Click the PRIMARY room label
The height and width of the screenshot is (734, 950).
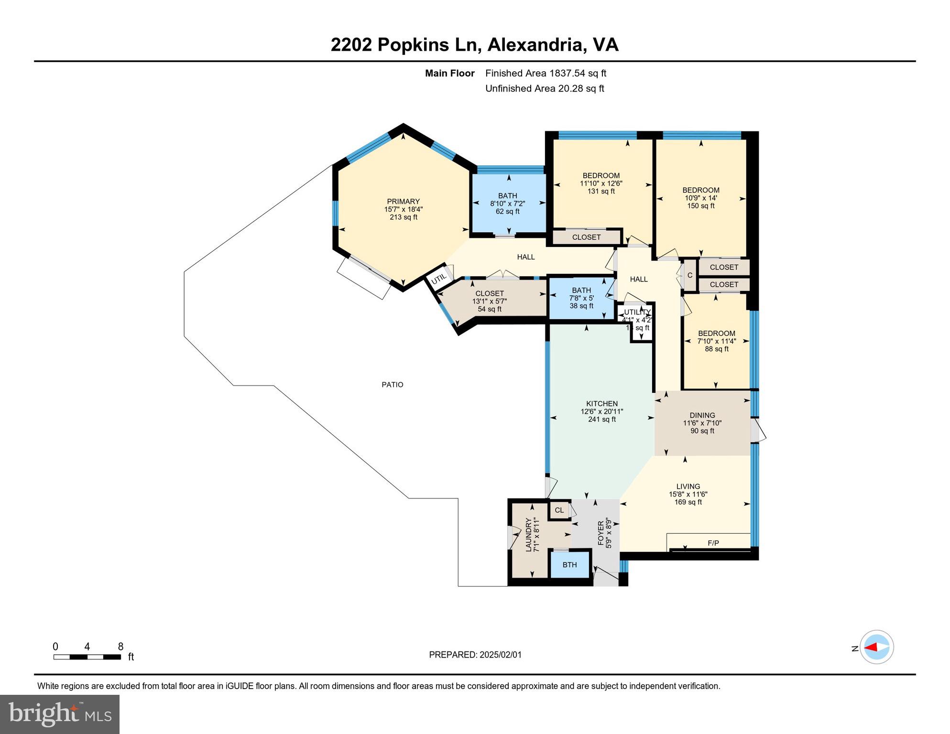click(x=403, y=202)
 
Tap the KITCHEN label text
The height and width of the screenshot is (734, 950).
click(x=602, y=404)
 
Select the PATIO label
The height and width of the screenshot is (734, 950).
click(x=392, y=385)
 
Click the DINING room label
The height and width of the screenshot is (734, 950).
click(x=702, y=415)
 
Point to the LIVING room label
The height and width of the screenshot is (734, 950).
click(x=688, y=486)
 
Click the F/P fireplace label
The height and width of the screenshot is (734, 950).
click(x=713, y=543)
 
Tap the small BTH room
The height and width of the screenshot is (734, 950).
click(x=569, y=565)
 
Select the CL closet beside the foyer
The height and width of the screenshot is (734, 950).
click(x=559, y=510)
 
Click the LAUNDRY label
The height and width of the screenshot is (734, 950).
click(x=529, y=535)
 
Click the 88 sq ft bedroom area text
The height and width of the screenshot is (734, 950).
click(x=716, y=349)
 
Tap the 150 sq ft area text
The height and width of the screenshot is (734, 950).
click(x=701, y=206)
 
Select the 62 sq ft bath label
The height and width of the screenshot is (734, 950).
click(x=507, y=211)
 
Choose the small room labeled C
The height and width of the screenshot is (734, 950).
click(x=689, y=276)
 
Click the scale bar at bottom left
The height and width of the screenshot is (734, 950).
click(x=87, y=657)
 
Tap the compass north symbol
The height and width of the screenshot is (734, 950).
click(x=876, y=648)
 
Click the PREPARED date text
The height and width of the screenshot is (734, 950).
click(x=475, y=655)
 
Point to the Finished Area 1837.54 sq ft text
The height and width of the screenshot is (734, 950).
click(x=546, y=73)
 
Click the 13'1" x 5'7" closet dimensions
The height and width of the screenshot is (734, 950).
click(x=489, y=302)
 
